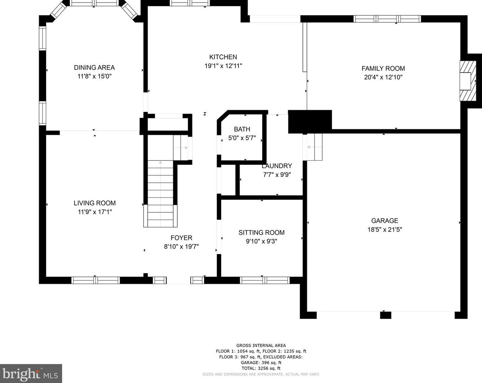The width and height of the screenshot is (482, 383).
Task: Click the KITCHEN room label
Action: [x=223, y=57]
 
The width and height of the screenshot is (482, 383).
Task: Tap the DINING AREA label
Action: [x=94, y=67]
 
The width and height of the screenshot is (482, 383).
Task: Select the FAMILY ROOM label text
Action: [x=383, y=68]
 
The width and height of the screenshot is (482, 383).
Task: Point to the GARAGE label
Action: [x=385, y=221]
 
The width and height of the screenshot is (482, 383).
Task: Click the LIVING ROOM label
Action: [x=95, y=203]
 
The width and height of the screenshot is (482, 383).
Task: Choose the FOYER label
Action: [x=181, y=238]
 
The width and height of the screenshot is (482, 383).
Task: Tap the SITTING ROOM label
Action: [x=261, y=233]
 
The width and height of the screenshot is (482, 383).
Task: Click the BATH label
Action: [x=242, y=129]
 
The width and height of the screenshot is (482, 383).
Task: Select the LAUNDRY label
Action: [x=277, y=166]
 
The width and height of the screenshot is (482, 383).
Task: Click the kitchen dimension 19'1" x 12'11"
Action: [x=223, y=66]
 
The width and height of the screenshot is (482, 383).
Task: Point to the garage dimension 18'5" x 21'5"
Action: [x=385, y=230]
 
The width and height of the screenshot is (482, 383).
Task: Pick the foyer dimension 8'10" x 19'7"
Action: [x=181, y=247]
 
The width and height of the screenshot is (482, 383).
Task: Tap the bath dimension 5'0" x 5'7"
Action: [x=242, y=138]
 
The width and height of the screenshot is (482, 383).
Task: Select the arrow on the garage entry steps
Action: [x=315, y=147]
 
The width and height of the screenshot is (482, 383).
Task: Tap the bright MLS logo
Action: [x=31, y=374]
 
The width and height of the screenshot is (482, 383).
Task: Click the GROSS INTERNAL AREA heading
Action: [x=261, y=346]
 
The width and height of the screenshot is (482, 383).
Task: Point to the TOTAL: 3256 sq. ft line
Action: [x=261, y=368]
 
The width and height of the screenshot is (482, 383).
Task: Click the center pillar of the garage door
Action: [x=385, y=315]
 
